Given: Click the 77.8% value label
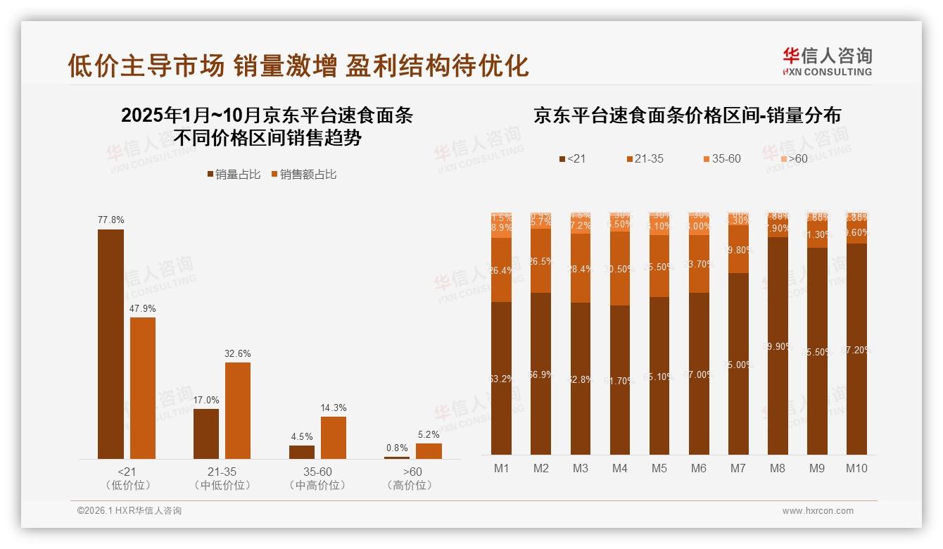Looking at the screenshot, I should pyautogui.click(x=110, y=220).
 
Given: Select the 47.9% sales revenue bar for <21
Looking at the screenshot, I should pyautogui.click(x=143, y=388).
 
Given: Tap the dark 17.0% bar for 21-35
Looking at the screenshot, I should pyautogui.click(x=206, y=434).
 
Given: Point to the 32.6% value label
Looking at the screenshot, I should pyautogui.click(x=238, y=353).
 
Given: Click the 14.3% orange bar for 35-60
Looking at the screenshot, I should pyautogui.click(x=334, y=438).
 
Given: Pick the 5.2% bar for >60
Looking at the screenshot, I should pyautogui.click(x=429, y=451).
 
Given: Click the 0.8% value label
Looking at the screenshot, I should pyautogui.click(x=397, y=448).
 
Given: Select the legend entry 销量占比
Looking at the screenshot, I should pyautogui.click(x=233, y=175).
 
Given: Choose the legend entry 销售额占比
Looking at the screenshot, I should pyautogui.click(x=303, y=175).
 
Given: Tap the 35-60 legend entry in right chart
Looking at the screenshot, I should pyautogui.click(x=721, y=159).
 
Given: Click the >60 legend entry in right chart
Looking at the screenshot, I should pyautogui.click(x=792, y=159).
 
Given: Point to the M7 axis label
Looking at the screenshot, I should pyautogui.click(x=738, y=469).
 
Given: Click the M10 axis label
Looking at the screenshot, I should pyautogui.click(x=856, y=469).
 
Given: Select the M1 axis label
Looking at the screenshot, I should pyautogui.click(x=502, y=469).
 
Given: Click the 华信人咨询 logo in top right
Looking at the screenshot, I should pyautogui.click(x=827, y=61).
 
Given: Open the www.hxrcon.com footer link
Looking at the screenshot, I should pyautogui.click(x=818, y=511).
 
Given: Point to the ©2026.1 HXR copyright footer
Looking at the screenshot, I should pyautogui.click(x=129, y=511).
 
